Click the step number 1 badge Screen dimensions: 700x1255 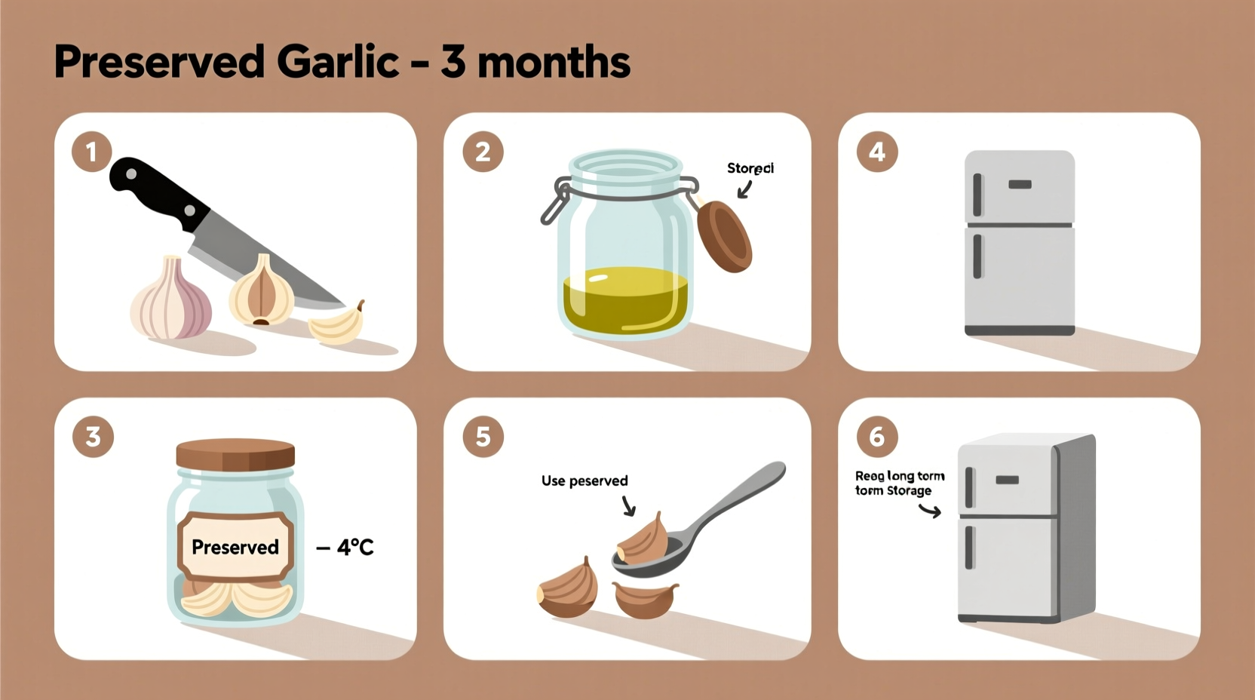coord(91,152)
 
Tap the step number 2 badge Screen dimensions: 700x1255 coord(483,152)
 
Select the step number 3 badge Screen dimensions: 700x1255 coord(93,436)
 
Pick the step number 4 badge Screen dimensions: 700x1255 coord(876,152)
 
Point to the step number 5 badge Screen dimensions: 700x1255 coord(483,436)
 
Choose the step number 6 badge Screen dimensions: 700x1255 coord(876,436)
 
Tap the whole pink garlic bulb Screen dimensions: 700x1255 coord(172,300)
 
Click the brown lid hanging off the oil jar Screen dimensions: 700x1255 coord(724,236)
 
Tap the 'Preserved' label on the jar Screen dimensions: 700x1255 coord(235,547)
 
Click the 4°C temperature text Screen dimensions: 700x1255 coord(354,547)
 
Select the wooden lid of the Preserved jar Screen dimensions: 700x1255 coord(235,455)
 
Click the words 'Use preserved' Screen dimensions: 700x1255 coord(585,480)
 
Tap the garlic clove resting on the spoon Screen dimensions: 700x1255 coord(643,539)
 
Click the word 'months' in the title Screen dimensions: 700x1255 coord(554,62)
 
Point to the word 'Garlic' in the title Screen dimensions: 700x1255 coord(338,62)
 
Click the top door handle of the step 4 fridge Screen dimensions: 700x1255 coord(978,195)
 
